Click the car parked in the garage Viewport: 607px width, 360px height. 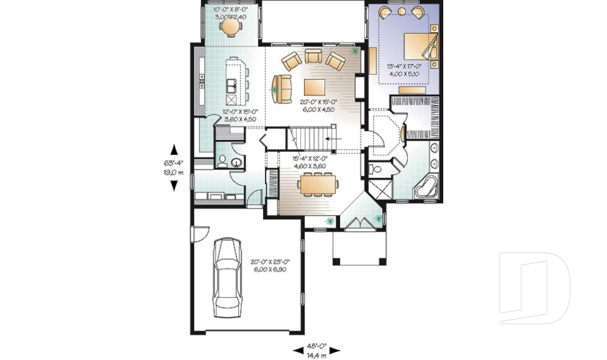click(x=227, y=277)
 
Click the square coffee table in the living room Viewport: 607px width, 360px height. click(x=316, y=86)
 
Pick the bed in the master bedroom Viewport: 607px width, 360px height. click(x=418, y=47)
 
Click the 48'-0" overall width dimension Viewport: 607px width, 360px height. click(x=317, y=350)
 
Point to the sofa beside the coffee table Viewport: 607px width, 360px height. click(x=282, y=86)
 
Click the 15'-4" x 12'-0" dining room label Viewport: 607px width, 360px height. click(x=310, y=162)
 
